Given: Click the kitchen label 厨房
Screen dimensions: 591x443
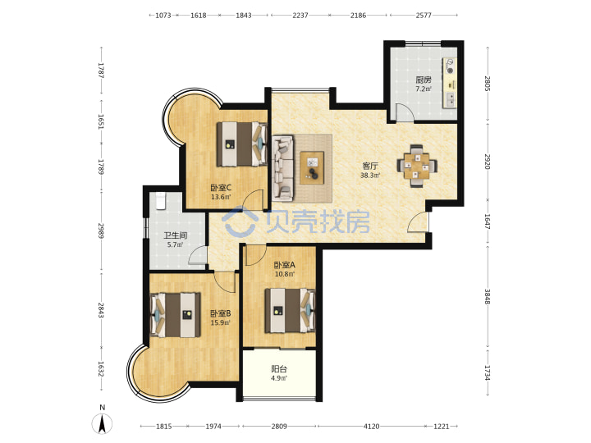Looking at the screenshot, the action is pos(424,80).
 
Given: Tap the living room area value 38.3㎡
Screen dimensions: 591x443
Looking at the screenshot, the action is pos(370,176).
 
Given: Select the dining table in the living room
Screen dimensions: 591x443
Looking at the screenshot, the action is pos(416,166).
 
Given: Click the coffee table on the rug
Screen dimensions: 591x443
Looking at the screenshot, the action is pos(312,167).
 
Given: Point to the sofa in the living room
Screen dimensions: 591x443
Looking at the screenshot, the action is pos(282,167).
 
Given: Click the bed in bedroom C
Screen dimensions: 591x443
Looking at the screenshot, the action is pos(241,144).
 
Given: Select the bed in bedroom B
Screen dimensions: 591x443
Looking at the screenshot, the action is pos(176,314).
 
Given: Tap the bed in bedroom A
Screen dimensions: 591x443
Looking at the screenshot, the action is pos(290,311).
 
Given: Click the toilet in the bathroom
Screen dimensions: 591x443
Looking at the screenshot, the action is pos(161,201).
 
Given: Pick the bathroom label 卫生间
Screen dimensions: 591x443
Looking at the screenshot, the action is pos(176,235).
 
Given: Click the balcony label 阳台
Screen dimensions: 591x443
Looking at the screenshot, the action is pos(279,369).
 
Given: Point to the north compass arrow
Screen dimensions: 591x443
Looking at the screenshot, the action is pos(102,423).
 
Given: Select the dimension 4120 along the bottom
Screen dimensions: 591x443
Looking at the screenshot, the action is pos(371,426).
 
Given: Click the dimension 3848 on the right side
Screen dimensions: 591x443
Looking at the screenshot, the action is pos(487,297).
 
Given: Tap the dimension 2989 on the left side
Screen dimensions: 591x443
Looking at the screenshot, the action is pos(101,231).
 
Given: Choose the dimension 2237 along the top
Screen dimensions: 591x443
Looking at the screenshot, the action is pos(300,16).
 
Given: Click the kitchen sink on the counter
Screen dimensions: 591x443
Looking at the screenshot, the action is pos(450,98).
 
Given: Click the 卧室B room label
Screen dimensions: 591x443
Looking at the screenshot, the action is pos(221,313).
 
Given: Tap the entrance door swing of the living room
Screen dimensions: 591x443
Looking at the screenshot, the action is pos(419,221).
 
